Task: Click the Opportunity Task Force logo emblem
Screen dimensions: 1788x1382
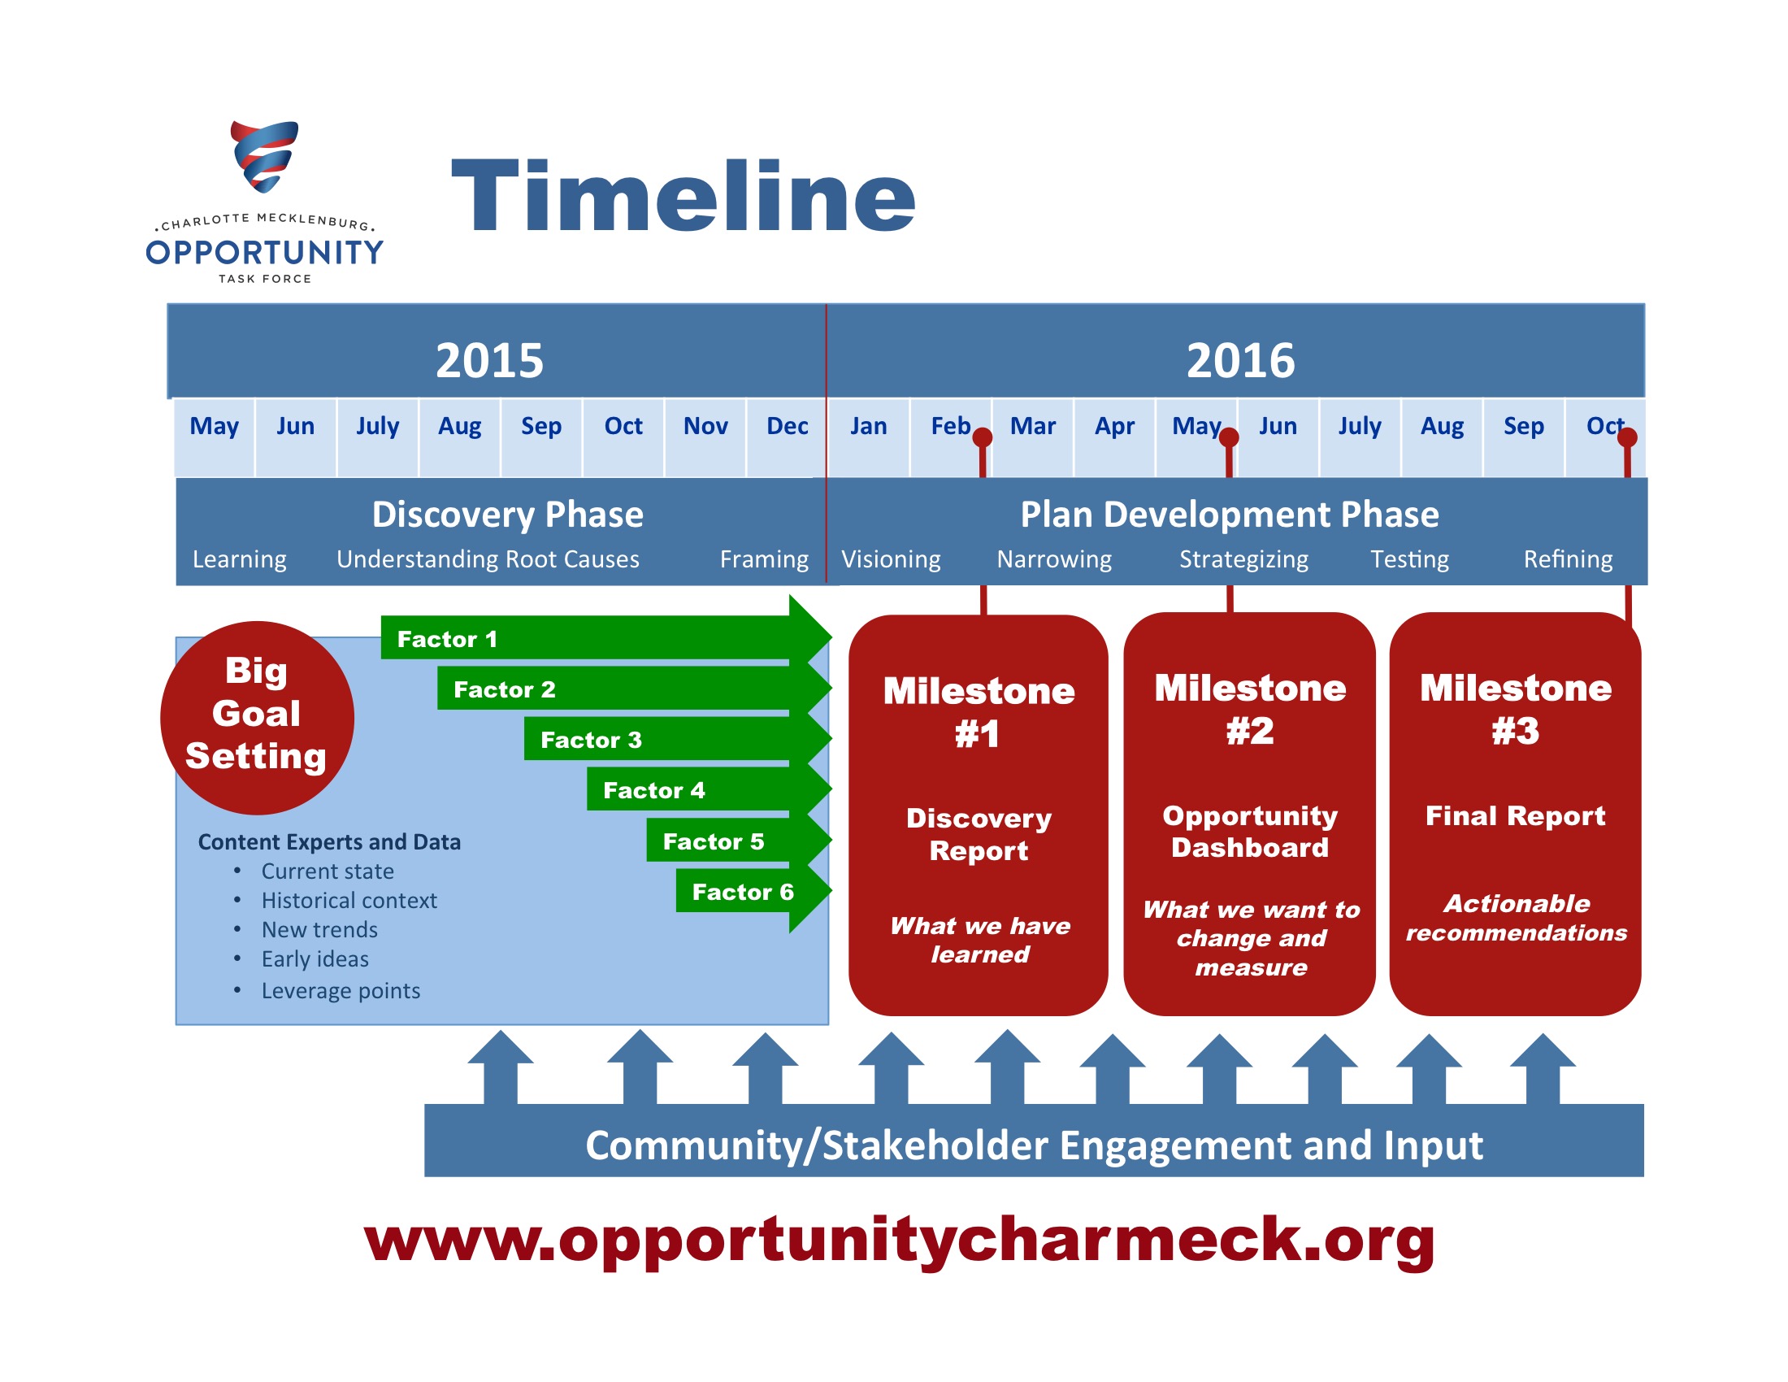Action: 263,156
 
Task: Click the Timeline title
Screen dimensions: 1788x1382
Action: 684,197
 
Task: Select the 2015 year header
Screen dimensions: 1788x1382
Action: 489,360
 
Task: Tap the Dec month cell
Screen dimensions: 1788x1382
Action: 787,437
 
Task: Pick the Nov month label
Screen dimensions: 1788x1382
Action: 705,426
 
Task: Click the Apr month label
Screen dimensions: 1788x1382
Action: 1114,426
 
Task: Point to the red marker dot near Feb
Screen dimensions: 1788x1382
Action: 983,437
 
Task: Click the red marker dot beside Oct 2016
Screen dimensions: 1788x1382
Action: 1628,437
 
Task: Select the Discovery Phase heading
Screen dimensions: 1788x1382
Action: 508,514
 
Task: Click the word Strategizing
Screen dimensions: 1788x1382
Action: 1243,559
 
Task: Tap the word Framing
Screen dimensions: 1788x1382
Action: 764,559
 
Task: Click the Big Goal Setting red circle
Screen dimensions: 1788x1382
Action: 257,718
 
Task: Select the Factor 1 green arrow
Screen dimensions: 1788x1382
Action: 606,638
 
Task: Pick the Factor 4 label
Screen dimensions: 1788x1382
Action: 653,790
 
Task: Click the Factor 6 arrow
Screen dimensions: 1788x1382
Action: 754,891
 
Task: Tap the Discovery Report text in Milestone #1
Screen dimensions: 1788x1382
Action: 979,834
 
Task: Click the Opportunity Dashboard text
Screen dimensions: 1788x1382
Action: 1250,831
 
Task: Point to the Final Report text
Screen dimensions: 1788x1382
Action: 1516,815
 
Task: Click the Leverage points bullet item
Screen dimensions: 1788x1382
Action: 341,991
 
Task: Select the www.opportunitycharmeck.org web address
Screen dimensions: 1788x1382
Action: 899,1241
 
